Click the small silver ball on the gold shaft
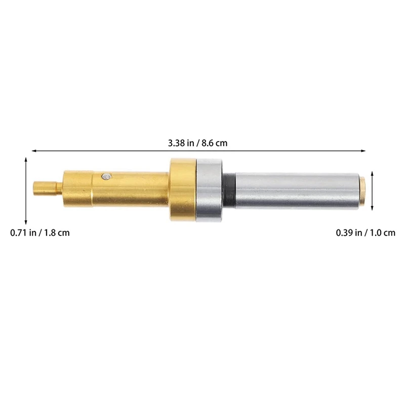pos(105,176)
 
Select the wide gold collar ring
pos(182,190)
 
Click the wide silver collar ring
pos(209,190)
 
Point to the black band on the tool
pos(229,190)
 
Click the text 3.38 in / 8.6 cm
pos(198,143)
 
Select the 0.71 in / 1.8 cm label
pos(40,233)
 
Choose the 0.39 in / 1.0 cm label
pos(366,233)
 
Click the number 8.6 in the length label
pos(208,143)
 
